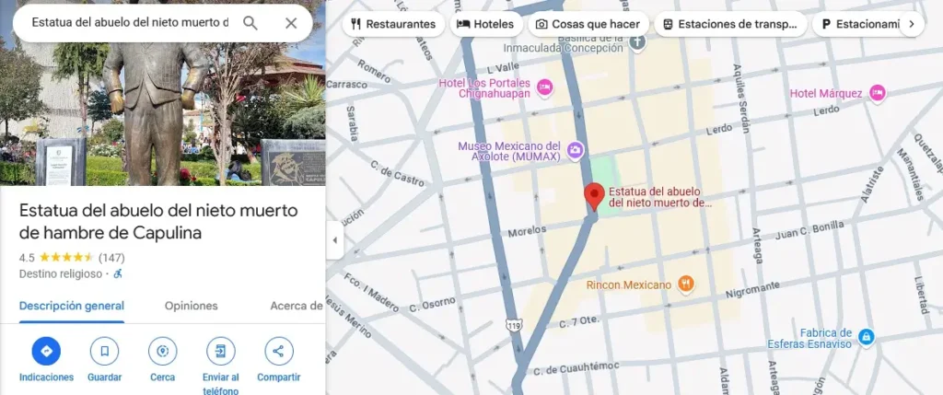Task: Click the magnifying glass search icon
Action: (x=250, y=23)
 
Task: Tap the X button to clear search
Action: (x=291, y=23)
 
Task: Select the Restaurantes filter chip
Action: (x=393, y=24)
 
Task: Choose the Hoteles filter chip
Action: (x=485, y=24)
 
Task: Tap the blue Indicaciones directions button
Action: (x=46, y=351)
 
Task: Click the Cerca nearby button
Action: (x=162, y=351)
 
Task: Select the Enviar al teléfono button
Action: (x=220, y=351)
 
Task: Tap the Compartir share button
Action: (x=278, y=351)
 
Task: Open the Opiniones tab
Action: (x=191, y=306)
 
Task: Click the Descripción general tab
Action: (x=72, y=306)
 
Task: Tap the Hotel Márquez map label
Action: (x=825, y=93)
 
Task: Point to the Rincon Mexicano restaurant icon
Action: (x=685, y=285)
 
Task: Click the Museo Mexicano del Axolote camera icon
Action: (x=576, y=150)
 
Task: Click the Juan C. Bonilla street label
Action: (x=785, y=224)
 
